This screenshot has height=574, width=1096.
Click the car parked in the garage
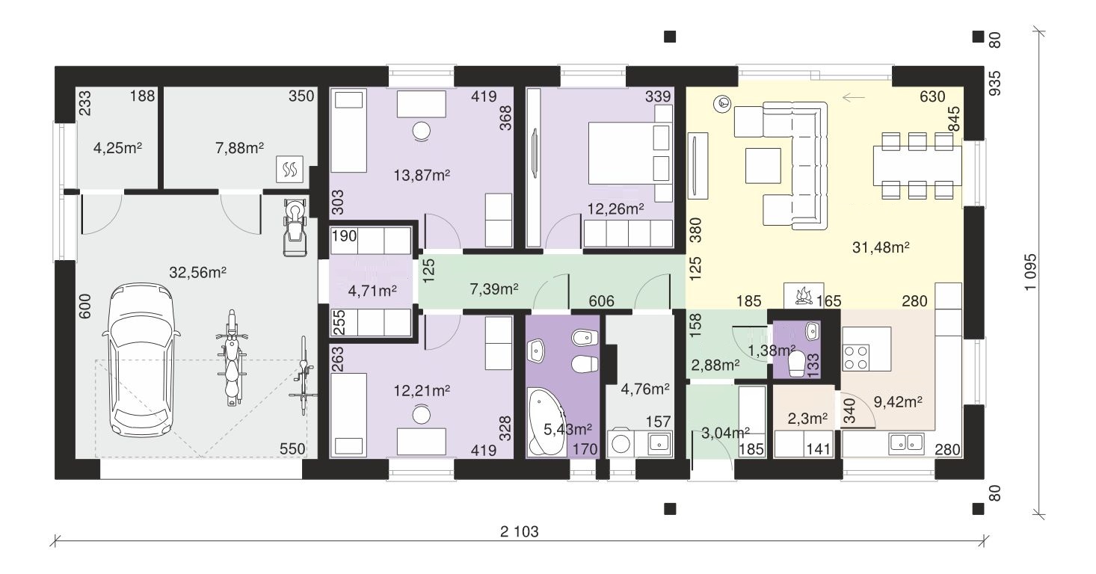click(141, 360)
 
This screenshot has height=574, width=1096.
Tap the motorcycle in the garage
click(232, 358)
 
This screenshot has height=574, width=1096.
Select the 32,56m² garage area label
click(197, 272)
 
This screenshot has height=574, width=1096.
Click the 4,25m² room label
click(117, 147)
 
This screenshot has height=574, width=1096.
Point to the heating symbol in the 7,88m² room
click(289, 170)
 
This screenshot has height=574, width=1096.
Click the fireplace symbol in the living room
click(804, 295)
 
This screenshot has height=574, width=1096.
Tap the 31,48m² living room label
click(881, 247)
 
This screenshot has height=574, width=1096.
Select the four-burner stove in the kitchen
click(856, 357)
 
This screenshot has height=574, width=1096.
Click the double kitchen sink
click(906, 442)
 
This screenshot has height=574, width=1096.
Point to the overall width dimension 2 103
click(519, 531)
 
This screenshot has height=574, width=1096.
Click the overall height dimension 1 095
click(1030, 271)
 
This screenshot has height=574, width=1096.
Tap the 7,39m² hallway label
click(493, 289)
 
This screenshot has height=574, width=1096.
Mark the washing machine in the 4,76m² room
click(621, 443)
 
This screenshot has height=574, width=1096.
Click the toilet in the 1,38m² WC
click(796, 365)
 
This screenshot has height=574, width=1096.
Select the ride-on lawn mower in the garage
click(295, 226)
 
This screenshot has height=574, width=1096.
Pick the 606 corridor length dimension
click(601, 301)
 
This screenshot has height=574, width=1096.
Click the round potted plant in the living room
click(723, 104)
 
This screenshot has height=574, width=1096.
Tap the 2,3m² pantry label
click(807, 419)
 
